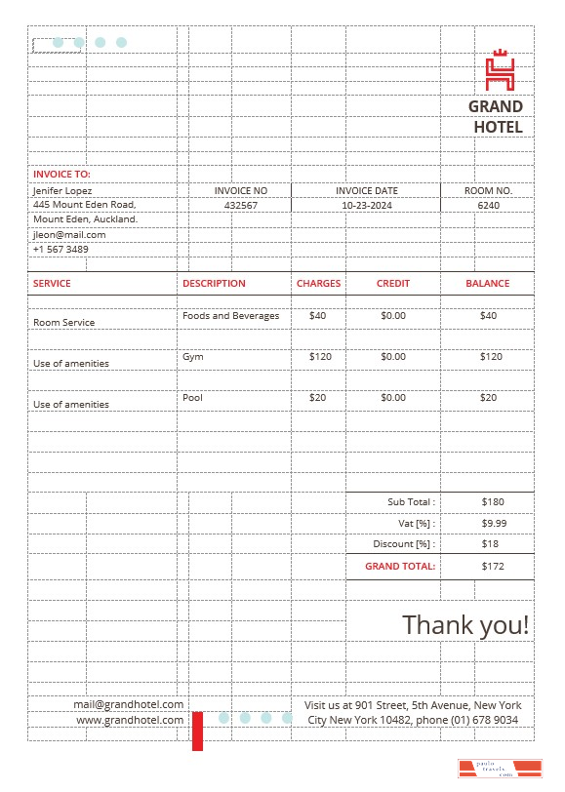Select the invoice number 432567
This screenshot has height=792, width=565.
pos(240,206)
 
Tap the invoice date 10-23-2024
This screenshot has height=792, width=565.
pos(366,206)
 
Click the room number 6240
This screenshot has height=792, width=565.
pos(488,206)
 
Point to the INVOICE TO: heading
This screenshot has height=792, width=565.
pos(61,174)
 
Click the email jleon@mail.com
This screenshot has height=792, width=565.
pos(69,234)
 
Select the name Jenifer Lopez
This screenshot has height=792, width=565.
pos(62,190)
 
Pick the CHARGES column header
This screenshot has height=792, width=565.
pos(318,283)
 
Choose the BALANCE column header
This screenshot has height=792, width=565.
pos(487,283)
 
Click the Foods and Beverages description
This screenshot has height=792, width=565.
pos(230,316)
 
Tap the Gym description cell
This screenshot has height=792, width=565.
pos(191,357)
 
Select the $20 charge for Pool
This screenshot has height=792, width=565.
pos(318,398)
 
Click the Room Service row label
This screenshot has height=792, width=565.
pos(64,323)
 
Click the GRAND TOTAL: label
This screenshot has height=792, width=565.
pos(400,566)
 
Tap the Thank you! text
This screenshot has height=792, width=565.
pos(465,624)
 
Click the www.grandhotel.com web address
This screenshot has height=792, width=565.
pos(130,720)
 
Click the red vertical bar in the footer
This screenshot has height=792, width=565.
pos(197,731)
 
